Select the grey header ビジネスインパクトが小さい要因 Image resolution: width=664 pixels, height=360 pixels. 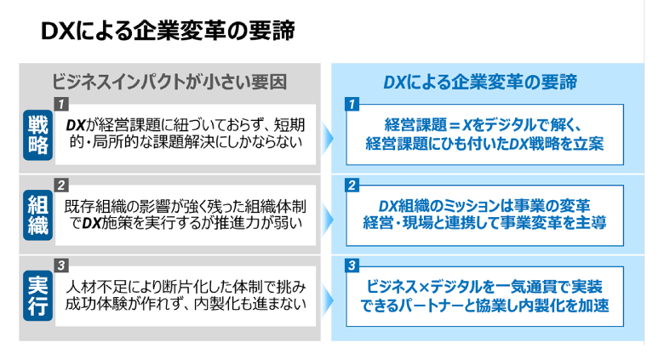click(x=169, y=82)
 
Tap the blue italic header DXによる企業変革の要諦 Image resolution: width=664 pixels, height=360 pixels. click(x=480, y=82)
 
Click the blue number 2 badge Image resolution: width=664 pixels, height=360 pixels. click(x=352, y=185)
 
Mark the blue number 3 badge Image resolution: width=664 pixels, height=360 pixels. click(x=352, y=265)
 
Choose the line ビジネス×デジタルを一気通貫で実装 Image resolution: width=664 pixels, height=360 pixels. click(x=481, y=287)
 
